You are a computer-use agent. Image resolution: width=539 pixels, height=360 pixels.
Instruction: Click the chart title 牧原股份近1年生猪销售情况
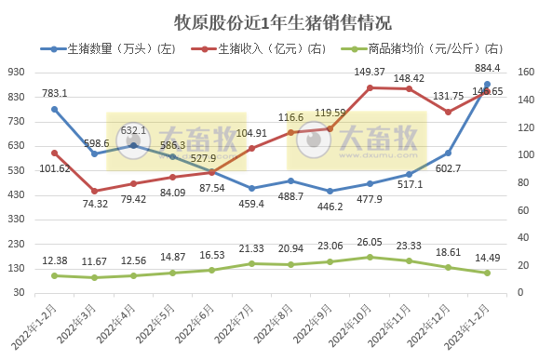pyautogui.click(x=270, y=20)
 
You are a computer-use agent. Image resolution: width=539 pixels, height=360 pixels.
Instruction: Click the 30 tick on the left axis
pyautogui.click(x=19, y=292)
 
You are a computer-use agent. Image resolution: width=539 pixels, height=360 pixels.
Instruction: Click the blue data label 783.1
pyautogui.click(x=55, y=92)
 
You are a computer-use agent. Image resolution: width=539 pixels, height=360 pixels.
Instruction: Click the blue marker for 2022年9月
pyautogui.click(x=330, y=191)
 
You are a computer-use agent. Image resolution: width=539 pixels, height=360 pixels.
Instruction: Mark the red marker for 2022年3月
pyautogui.click(x=94, y=191)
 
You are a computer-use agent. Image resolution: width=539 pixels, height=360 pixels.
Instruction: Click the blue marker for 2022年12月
pyautogui.click(x=448, y=153)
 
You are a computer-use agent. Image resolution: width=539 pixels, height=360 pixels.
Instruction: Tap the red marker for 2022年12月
pyautogui.click(x=448, y=112)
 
